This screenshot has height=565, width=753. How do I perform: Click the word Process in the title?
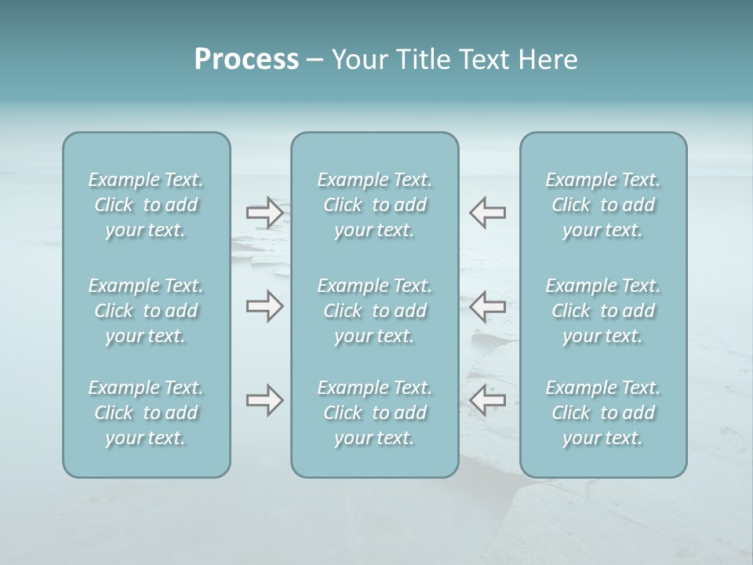pos(246,60)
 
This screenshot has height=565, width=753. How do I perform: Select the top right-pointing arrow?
pos(265,213)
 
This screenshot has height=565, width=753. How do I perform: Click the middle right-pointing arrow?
pos(265,306)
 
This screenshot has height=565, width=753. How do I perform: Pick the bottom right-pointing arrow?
pos(265,400)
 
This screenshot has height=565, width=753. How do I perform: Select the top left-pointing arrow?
pos(487,213)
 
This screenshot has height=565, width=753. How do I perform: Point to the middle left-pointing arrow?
pos(487,306)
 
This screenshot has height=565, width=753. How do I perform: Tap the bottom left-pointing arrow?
pos(487,400)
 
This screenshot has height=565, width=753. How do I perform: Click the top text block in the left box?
pos(146,205)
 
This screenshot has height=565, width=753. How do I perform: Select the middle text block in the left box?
pos(146,311)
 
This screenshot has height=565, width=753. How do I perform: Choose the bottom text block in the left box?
pos(146,413)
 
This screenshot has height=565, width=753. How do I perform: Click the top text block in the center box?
pos(375,205)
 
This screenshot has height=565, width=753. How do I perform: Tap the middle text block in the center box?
pos(375,311)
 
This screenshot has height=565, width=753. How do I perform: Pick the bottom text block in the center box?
pos(375,413)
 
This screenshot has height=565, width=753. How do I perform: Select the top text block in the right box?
pos(603,205)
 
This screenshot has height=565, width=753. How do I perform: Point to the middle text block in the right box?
pos(603,311)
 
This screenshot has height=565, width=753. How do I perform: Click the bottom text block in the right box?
pos(603,413)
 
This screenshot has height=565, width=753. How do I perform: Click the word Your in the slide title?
pos(359,60)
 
